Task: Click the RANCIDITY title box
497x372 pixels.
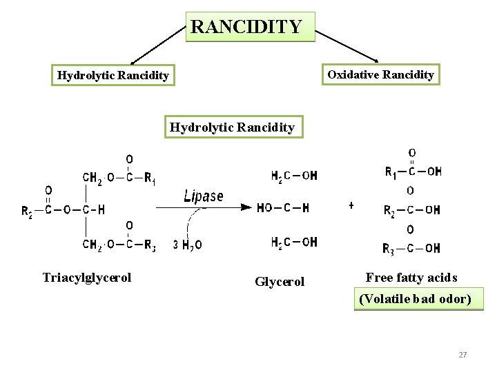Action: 250,27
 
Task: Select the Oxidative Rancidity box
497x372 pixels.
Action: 380,74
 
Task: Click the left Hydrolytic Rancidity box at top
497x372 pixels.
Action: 113,75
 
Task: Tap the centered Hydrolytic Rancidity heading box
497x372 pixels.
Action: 233,127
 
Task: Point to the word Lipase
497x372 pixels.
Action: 204,196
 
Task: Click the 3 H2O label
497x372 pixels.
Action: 188,244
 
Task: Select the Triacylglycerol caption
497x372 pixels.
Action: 87,278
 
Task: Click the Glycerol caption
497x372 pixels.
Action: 280,282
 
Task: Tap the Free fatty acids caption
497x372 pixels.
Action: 411,278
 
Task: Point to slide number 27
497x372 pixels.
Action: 462,355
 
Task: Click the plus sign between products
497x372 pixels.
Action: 351,205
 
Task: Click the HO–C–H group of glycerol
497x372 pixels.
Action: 283,207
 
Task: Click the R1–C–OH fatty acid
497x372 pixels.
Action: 413,172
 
